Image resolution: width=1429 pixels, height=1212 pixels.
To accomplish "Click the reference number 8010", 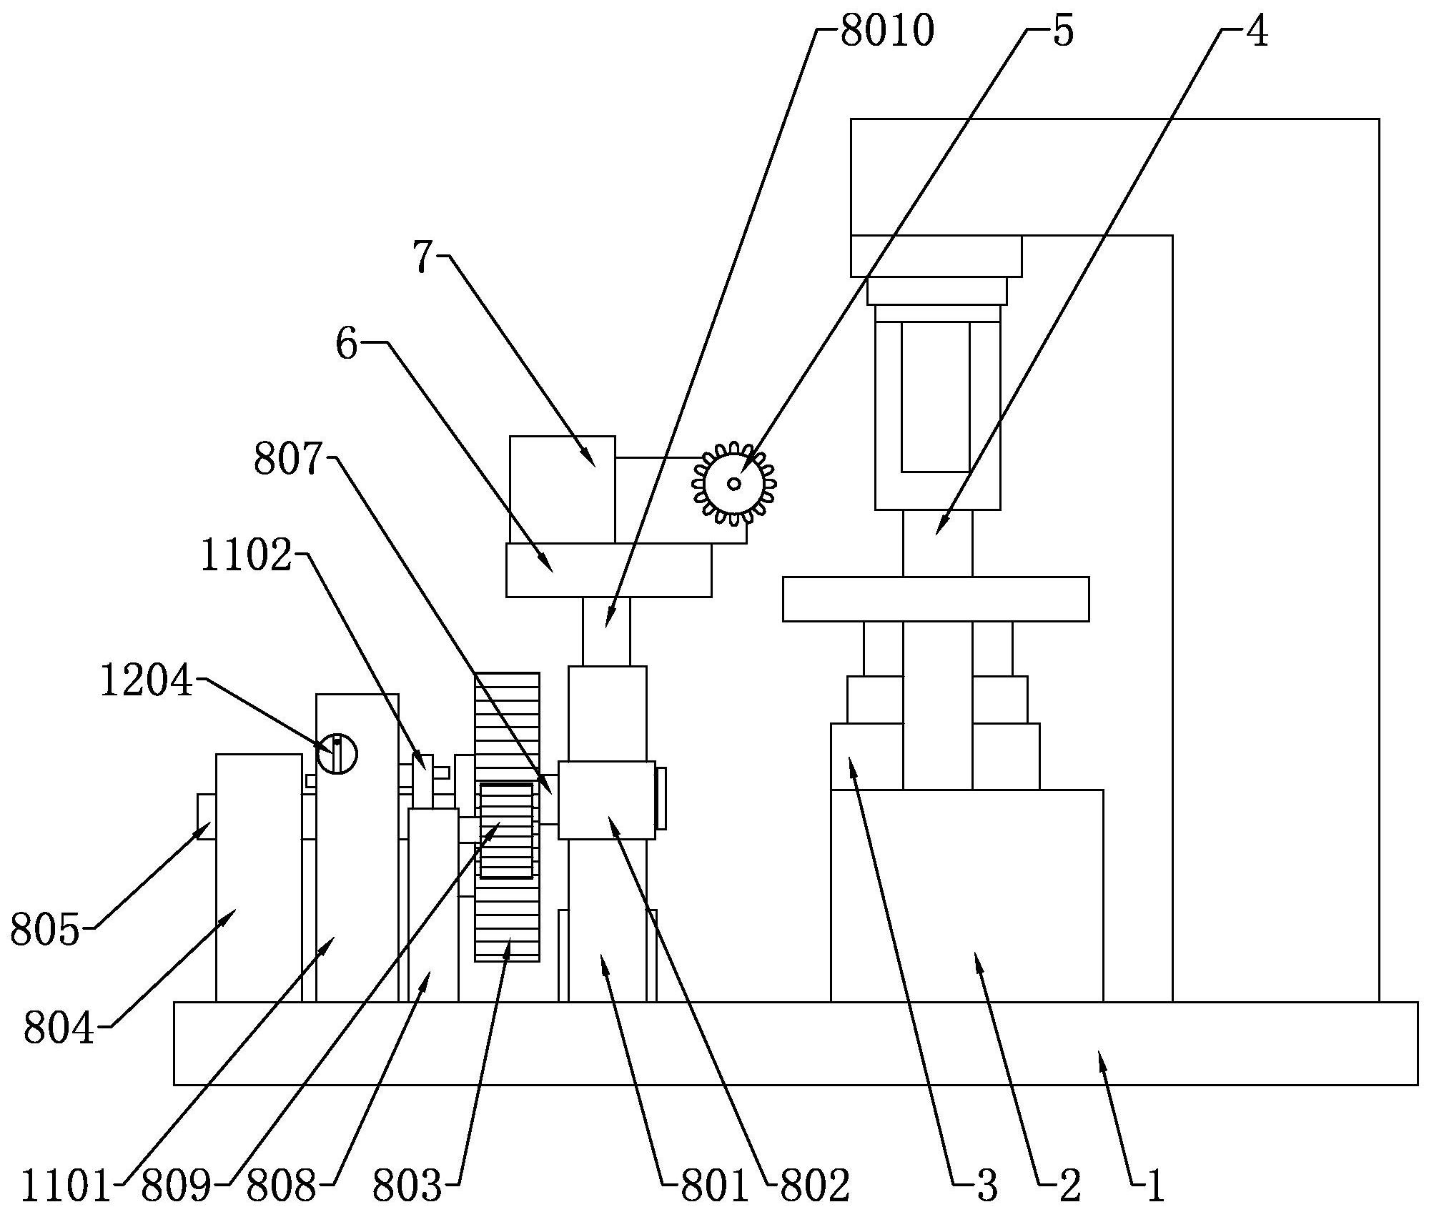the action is click(x=886, y=33).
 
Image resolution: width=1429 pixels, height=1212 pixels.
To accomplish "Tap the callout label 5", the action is click(x=1064, y=33).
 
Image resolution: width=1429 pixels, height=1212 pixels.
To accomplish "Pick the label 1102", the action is click(x=247, y=555).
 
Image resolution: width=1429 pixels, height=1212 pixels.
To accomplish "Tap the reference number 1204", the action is click(x=146, y=680).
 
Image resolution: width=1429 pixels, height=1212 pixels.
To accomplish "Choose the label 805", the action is click(x=44, y=931).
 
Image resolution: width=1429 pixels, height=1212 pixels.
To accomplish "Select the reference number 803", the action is click(x=407, y=1187).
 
